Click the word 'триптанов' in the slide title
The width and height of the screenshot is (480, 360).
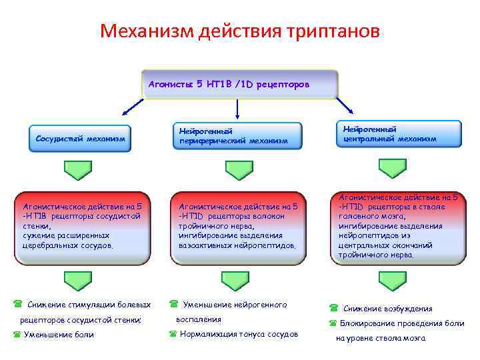334,31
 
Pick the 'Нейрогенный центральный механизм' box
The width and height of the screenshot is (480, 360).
399,134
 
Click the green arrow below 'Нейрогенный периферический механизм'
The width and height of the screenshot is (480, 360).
239,170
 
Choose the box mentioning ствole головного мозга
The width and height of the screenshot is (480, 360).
399,225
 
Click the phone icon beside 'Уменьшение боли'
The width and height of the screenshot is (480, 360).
17,335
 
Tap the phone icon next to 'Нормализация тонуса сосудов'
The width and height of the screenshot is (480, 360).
173,334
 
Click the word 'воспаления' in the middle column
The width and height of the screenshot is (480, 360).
198,319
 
